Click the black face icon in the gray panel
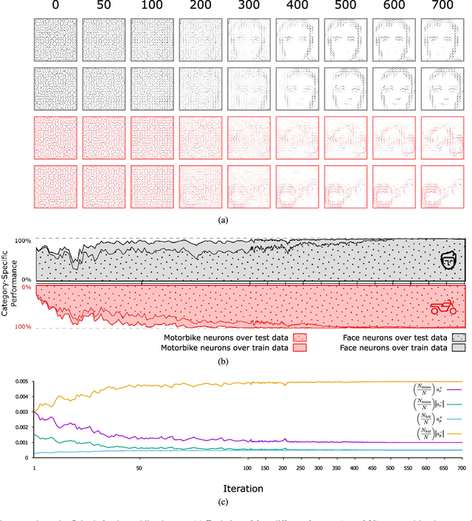(x=449, y=260)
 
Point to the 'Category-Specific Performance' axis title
(x=6, y=284)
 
